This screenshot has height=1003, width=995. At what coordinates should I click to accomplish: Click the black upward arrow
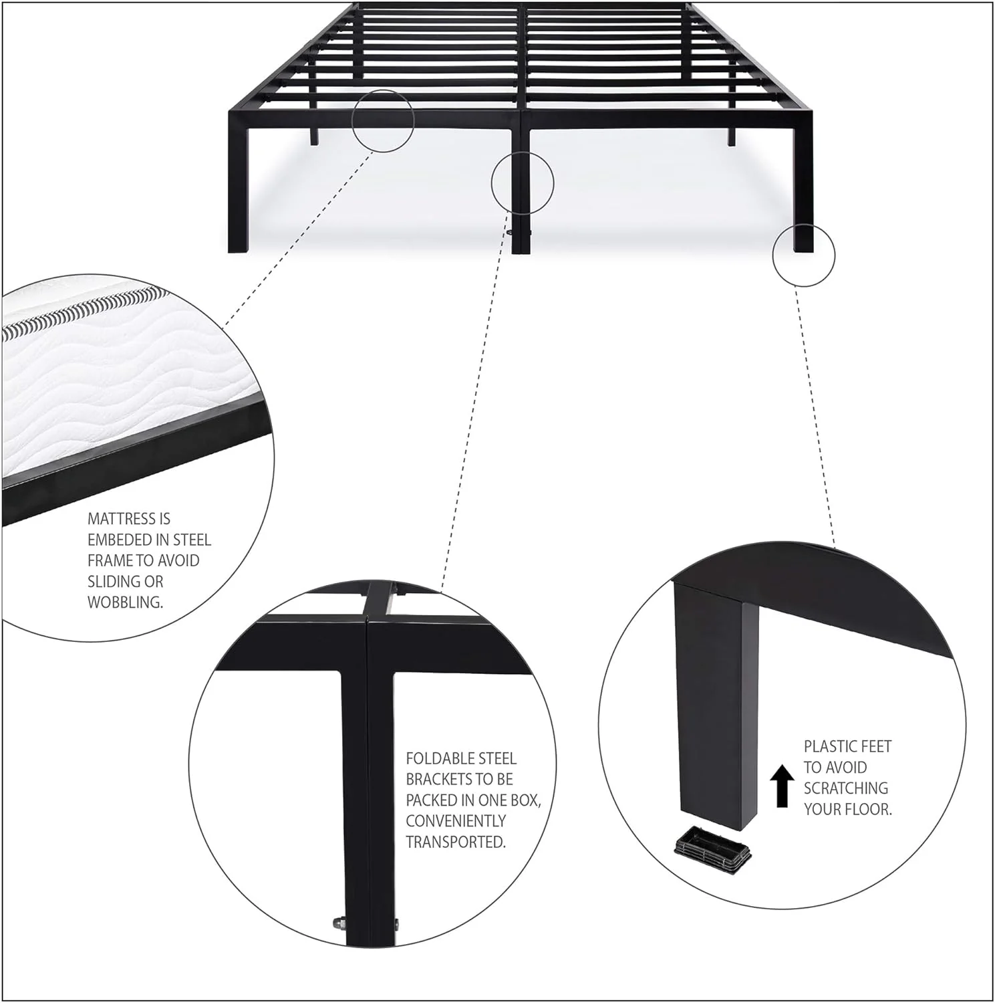pyautogui.click(x=782, y=786)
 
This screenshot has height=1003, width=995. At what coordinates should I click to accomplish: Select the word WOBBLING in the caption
pyautogui.click(x=125, y=602)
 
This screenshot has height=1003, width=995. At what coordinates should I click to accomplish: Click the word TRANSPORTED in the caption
pyautogui.click(x=456, y=842)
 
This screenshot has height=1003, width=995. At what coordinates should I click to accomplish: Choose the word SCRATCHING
pyautogui.click(x=846, y=788)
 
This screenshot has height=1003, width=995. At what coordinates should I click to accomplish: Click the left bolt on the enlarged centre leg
pyautogui.click(x=337, y=924)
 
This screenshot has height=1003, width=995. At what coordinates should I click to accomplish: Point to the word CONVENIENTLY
pyautogui.click(x=456, y=820)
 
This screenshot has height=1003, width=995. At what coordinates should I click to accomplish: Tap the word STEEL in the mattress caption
pyautogui.click(x=192, y=540)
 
